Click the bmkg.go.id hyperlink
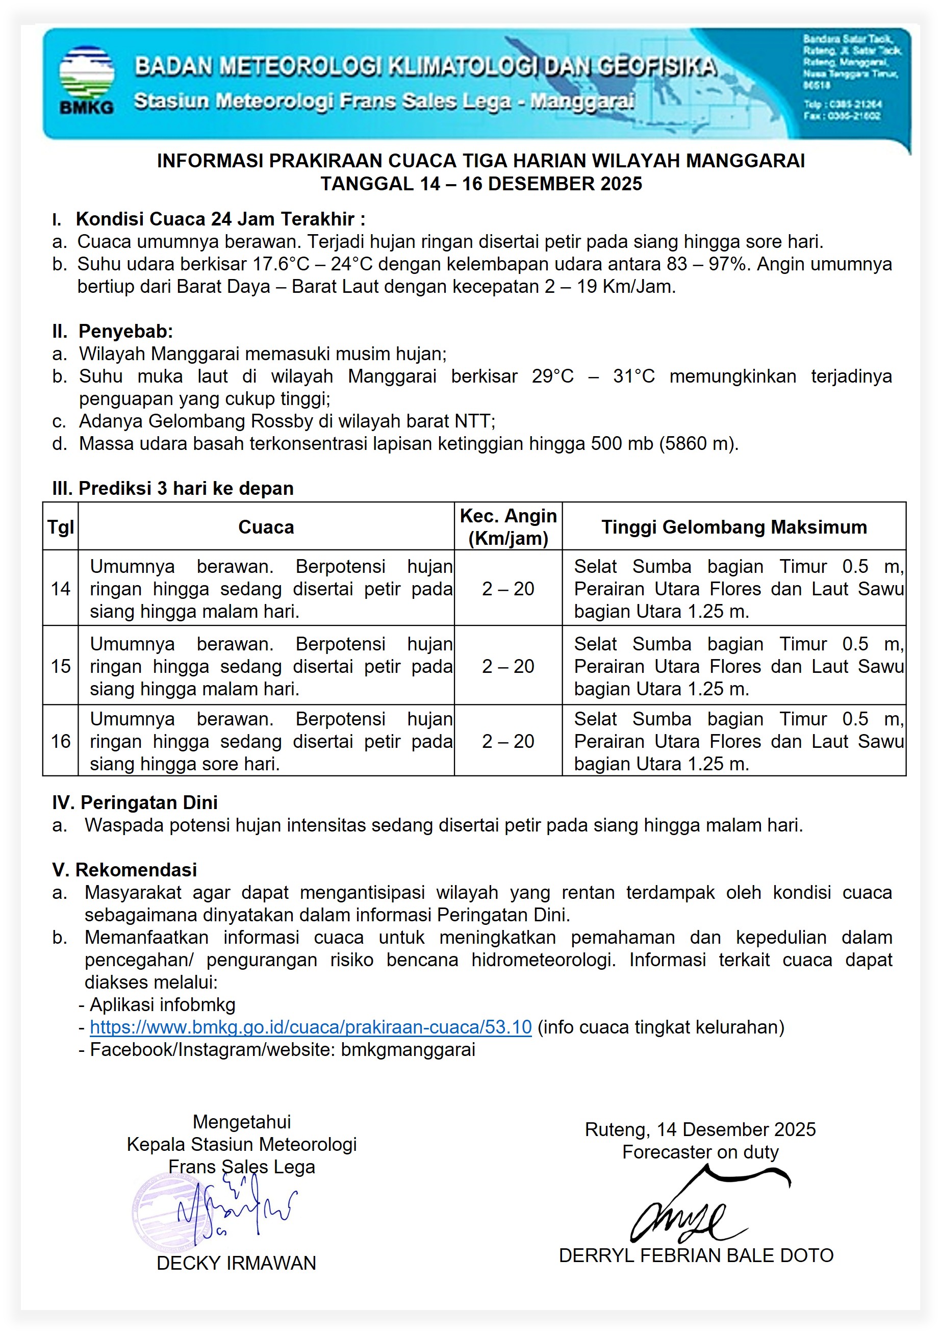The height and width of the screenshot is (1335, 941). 311,1027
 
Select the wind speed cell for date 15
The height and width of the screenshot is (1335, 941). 507,666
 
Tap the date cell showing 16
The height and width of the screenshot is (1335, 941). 61,741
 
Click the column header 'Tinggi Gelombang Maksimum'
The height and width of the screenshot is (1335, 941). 733,527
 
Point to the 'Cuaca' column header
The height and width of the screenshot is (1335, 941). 266,527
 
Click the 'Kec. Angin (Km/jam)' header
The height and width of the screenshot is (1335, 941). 507,527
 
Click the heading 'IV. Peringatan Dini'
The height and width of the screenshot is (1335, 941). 135,803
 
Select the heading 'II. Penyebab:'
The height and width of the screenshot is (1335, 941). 113,332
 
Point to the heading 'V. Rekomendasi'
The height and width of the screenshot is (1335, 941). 124,870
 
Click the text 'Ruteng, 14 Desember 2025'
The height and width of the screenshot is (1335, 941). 700,1129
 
